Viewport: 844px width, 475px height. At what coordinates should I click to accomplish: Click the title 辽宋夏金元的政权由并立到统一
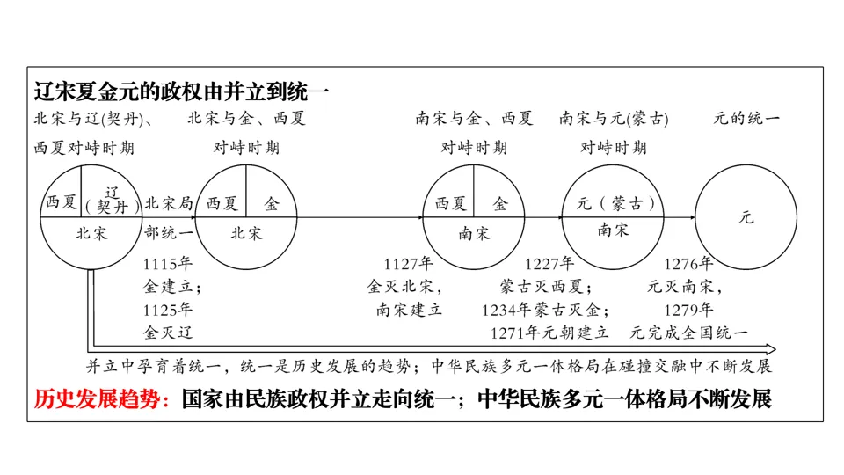click(x=181, y=91)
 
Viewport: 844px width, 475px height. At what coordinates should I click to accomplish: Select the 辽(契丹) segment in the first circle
click(x=113, y=200)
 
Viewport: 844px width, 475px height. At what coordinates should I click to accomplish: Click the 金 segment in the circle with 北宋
click(x=272, y=204)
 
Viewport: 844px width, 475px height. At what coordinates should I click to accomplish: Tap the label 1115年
click(x=167, y=263)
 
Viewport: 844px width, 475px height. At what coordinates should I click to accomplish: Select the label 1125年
click(x=167, y=309)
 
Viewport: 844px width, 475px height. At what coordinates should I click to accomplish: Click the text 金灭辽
click(x=167, y=332)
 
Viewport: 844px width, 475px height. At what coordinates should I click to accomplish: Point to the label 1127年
click(x=409, y=263)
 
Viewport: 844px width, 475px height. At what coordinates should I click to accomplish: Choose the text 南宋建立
click(x=409, y=309)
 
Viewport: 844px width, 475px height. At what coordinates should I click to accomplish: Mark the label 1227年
click(x=549, y=263)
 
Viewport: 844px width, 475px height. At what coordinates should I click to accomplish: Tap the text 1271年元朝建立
click(x=549, y=332)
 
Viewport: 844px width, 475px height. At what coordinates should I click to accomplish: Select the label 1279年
click(x=688, y=309)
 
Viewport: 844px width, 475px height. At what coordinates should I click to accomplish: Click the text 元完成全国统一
click(x=688, y=332)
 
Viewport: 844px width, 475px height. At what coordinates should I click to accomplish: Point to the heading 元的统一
click(x=746, y=118)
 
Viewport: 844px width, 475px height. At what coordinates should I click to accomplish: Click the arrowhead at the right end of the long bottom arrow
click(x=770, y=349)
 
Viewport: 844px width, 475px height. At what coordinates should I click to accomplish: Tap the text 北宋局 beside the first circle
click(x=169, y=204)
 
